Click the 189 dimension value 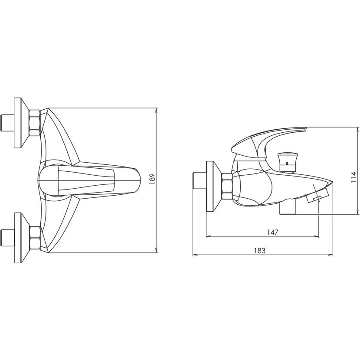[x=152, y=180]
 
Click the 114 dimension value [x=353, y=177]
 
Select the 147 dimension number [x=272, y=232]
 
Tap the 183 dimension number [x=260, y=251]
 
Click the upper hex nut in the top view [x=35, y=123]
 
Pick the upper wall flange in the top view [x=21, y=123]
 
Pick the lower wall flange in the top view [x=22, y=238]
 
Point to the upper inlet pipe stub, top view [x=7, y=123]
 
